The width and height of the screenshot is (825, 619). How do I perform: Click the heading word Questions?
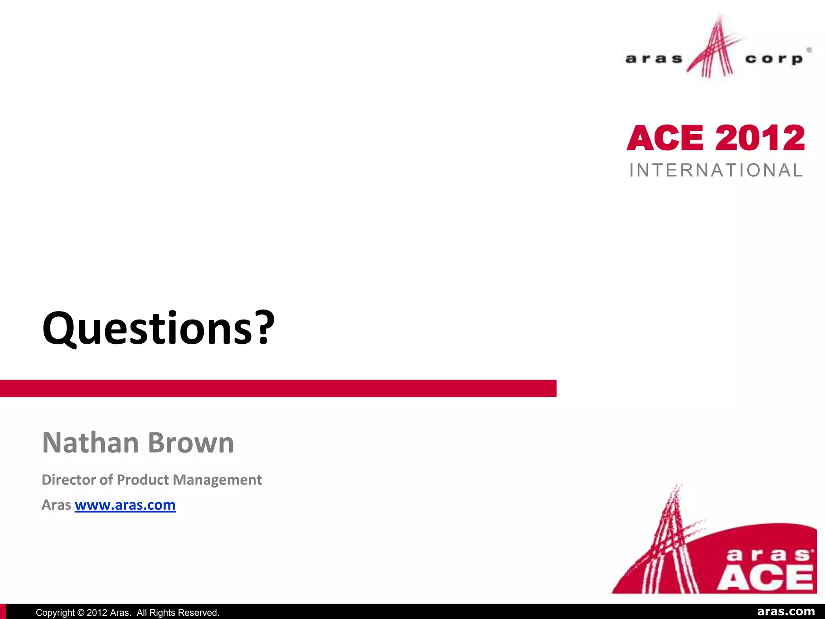tap(158, 328)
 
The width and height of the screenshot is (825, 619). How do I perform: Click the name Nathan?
tap(91, 443)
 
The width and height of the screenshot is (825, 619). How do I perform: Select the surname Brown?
tap(191, 443)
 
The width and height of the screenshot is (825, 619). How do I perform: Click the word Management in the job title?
tap(218, 480)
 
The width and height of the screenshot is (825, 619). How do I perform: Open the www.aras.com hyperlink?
tap(125, 505)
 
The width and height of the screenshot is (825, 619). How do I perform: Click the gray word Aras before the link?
tap(56, 505)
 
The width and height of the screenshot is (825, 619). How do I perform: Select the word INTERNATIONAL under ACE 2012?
tap(716, 170)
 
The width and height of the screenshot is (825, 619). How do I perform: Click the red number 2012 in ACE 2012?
tap(760, 138)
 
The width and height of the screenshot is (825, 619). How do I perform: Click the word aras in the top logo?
tap(653, 59)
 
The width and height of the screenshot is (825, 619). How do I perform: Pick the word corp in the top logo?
tap(773, 59)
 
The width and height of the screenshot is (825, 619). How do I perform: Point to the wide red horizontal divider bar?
tap(278, 388)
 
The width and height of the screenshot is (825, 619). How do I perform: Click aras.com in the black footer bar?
tap(786, 612)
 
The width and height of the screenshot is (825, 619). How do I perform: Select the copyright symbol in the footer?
tap(80, 613)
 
